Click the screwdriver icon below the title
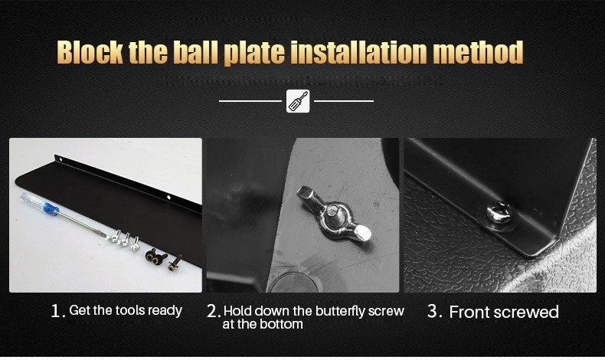point(298,101)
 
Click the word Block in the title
point(90,52)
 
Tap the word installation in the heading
point(358,52)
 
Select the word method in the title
point(478,52)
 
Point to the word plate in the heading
point(255,54)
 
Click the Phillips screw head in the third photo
point(498,214)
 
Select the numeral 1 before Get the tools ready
point(57,311)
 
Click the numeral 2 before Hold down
point(213,311)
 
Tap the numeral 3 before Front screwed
point(433,312)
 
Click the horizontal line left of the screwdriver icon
point(250,101)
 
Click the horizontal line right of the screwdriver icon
point(344,101)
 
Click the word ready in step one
point(165,311)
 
